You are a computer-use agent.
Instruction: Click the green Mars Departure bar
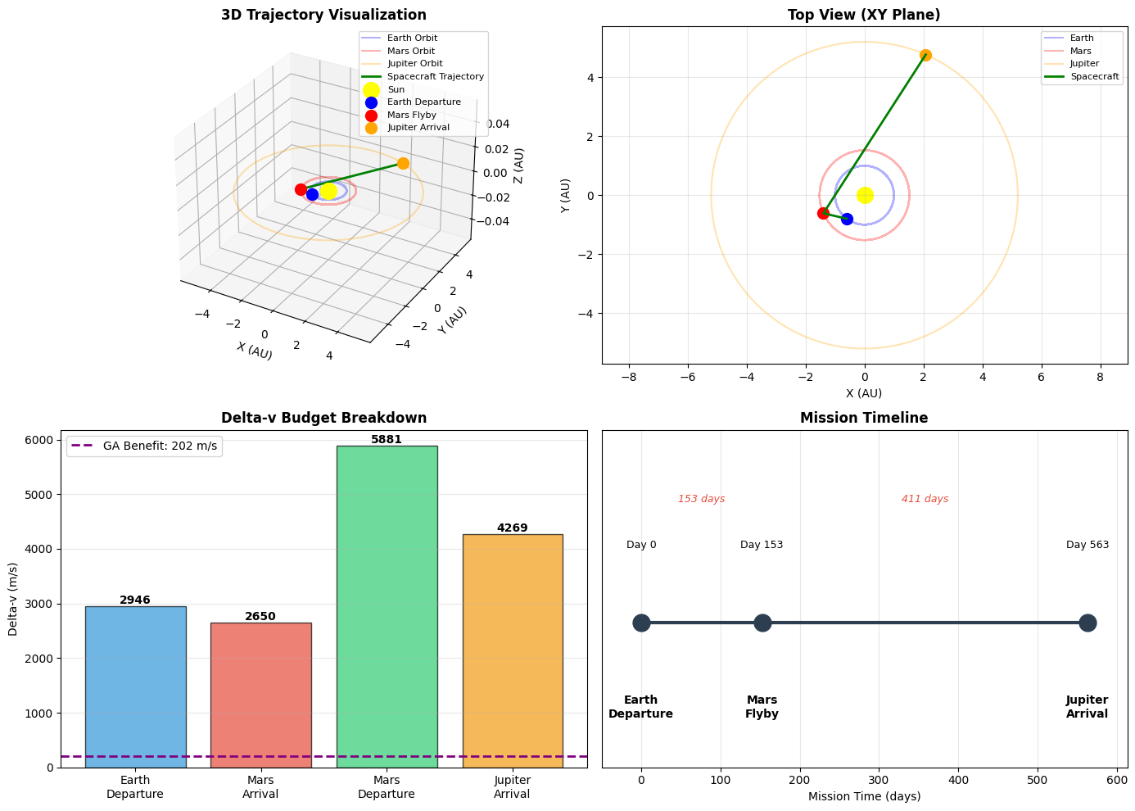click(387, 606)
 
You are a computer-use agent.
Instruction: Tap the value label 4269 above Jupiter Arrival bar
click(513, 528)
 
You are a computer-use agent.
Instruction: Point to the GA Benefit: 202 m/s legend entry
click(144, 446)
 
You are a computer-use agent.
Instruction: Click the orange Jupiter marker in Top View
click(925, 56)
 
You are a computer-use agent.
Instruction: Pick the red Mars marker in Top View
click(823, 213)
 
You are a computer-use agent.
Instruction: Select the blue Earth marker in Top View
click(847, 219)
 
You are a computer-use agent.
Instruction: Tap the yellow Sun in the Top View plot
click(865, 195)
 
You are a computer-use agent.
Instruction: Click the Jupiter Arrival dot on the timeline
click(1087, 623)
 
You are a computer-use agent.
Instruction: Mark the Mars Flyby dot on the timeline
click(762, 623)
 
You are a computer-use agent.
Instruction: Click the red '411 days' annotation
click(925, 499)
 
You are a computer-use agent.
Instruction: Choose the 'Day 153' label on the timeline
click(762, 545)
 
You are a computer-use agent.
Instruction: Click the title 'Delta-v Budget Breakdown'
click(323, 418)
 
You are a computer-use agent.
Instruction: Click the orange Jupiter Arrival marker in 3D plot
click(403, 163)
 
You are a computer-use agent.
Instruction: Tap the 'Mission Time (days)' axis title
click(864, 796)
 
